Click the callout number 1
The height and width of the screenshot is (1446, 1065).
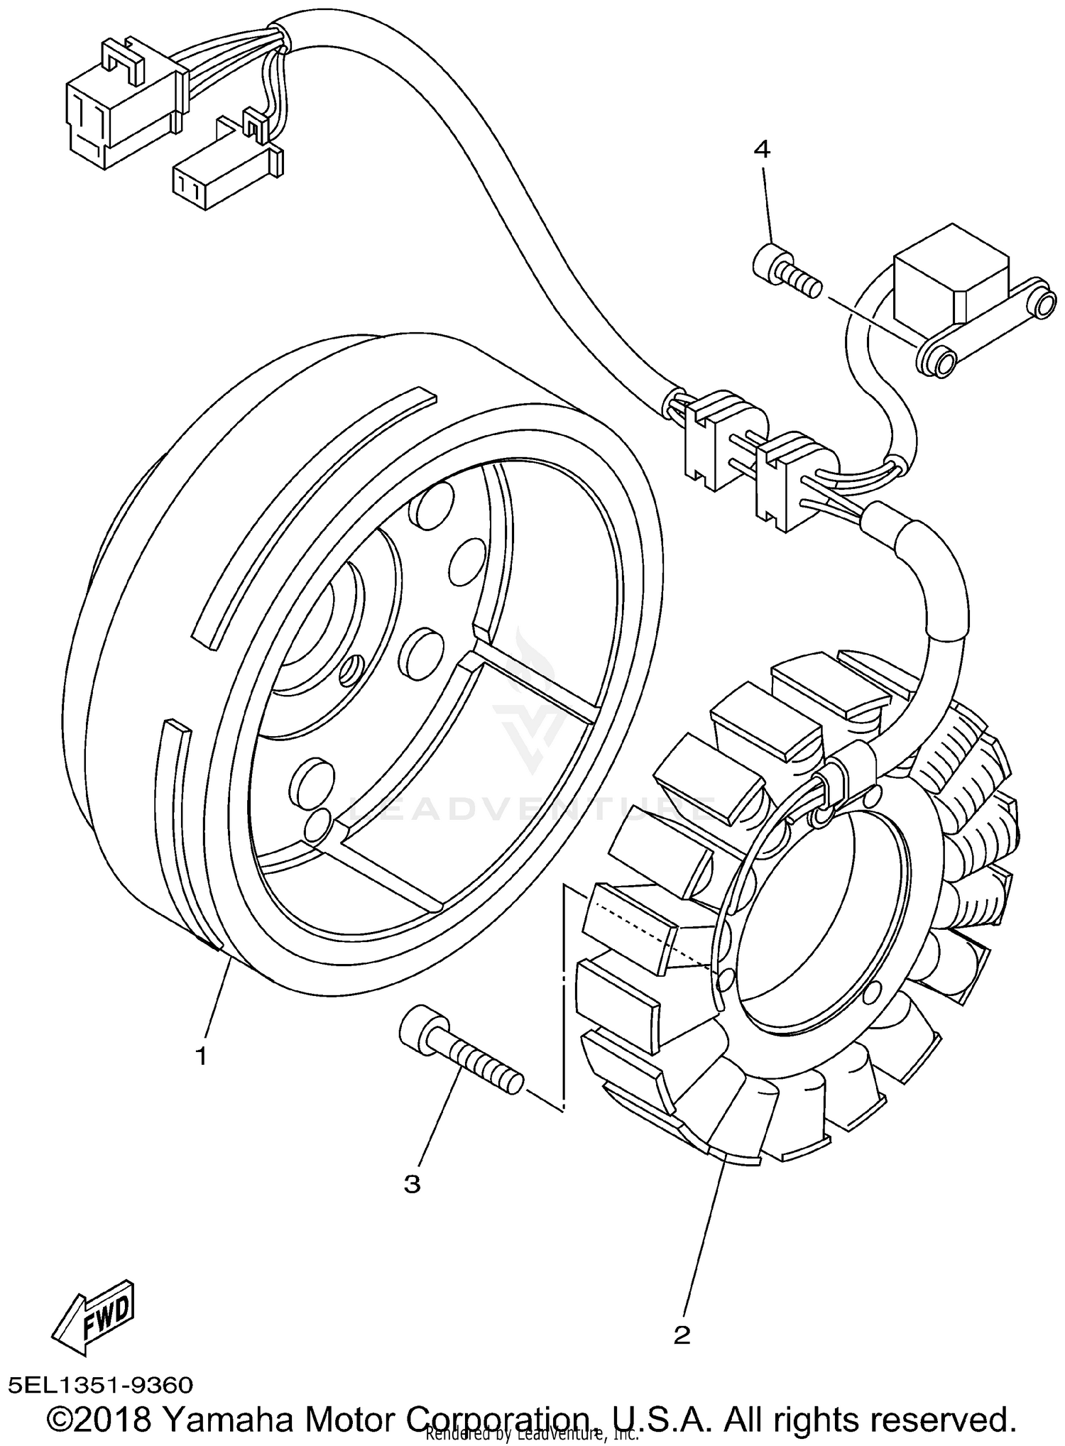201,1056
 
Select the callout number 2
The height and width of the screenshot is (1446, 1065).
682,1335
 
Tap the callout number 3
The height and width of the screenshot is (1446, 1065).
412,1183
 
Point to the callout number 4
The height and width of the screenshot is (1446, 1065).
761,149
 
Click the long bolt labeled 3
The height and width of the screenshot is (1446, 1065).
461,1059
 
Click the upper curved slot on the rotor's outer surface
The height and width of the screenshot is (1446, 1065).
312,518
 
